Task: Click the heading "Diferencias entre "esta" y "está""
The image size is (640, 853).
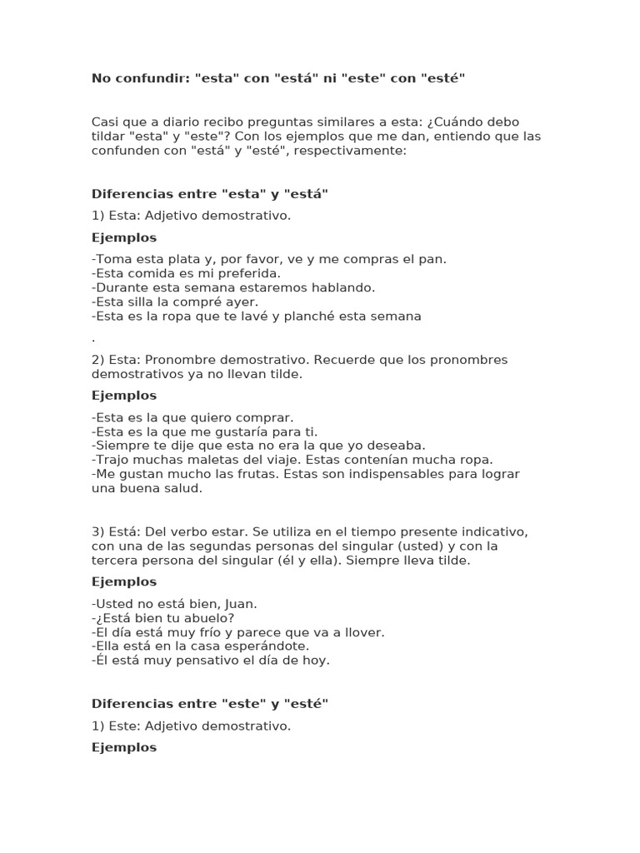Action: pos(210,194)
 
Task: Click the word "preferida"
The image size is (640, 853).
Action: pos(247,273)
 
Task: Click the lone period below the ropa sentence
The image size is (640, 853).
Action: pos(93,338)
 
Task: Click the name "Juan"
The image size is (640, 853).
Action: pos(241,603)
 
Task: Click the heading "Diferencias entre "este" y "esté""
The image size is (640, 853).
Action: pos(210,704)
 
